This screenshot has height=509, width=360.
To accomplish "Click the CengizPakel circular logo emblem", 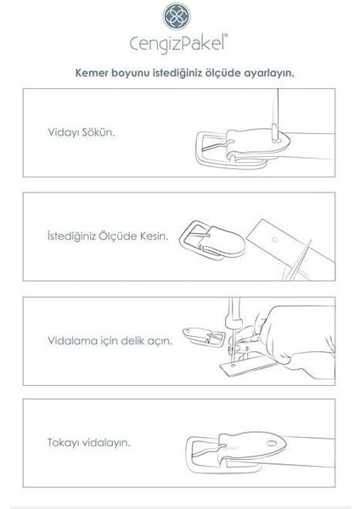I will pos(180,19).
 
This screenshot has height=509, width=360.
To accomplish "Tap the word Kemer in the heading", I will pos(93,73).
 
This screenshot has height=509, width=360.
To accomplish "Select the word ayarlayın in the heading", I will pos(276,73).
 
